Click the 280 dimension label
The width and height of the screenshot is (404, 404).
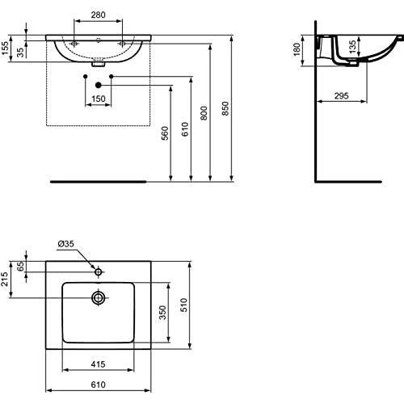pos(98,15)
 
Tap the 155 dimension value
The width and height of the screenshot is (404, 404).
pos(5,48)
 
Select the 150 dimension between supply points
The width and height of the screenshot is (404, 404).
pos(99,99)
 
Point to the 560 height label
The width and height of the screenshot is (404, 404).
pos(165,133)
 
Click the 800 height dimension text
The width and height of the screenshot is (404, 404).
pos(204,113)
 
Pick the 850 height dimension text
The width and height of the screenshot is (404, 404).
pos(225,108)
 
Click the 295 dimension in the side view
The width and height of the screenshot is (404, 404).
pos(341,96)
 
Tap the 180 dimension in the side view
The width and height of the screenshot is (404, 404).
pos(297,49)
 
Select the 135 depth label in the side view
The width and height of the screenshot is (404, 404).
pos(352,47)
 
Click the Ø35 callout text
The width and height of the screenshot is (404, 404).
pos(65,244)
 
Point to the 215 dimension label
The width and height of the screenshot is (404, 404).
pos(5,279)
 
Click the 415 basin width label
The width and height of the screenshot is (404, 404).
pos(98,364)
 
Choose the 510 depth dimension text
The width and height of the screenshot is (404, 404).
pos(184,305)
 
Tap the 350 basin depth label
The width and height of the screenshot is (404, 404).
pos(162,313)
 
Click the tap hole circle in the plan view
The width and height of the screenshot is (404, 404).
pos(99,272)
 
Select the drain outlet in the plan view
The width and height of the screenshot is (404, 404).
pos(99,297)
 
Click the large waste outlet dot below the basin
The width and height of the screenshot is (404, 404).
pos(99,85)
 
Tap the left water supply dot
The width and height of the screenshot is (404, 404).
pos(86,77)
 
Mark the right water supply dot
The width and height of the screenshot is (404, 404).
pos(112,77)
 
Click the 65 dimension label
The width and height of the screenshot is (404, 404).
pos(20,267)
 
